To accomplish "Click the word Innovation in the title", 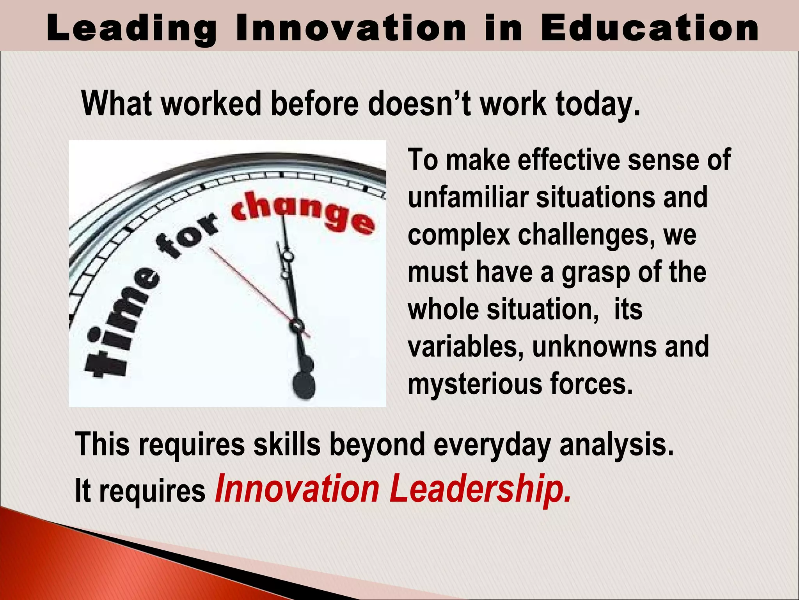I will (351, 28).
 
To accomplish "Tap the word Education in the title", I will (650, 28).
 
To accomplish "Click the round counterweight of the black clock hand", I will (304, 386).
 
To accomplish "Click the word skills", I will (287, 445).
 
